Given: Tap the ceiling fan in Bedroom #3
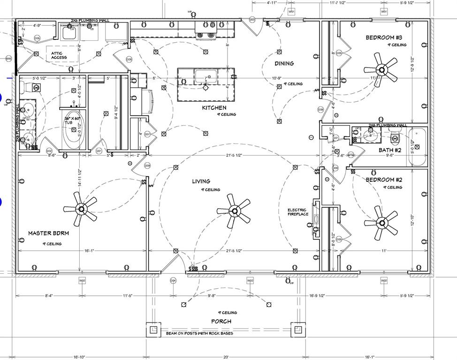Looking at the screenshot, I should pos(381,70).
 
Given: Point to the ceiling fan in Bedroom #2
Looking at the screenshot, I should pos(381,222).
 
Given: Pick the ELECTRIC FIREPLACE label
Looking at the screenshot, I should pos(297,212).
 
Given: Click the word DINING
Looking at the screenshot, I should pos(284,63).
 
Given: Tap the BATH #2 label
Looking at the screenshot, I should pos(390,150).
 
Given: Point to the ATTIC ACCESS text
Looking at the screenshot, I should pos(59,55).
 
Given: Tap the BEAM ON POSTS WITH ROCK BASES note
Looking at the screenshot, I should pos(199,334).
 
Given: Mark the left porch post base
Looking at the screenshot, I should pos(153,330).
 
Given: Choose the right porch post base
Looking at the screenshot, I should pos(297,330).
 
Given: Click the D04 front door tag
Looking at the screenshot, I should pos(173,280).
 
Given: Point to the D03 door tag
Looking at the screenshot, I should pos(252,20).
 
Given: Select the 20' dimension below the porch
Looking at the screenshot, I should pos(226,356).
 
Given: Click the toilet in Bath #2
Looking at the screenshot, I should pos(395,136).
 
